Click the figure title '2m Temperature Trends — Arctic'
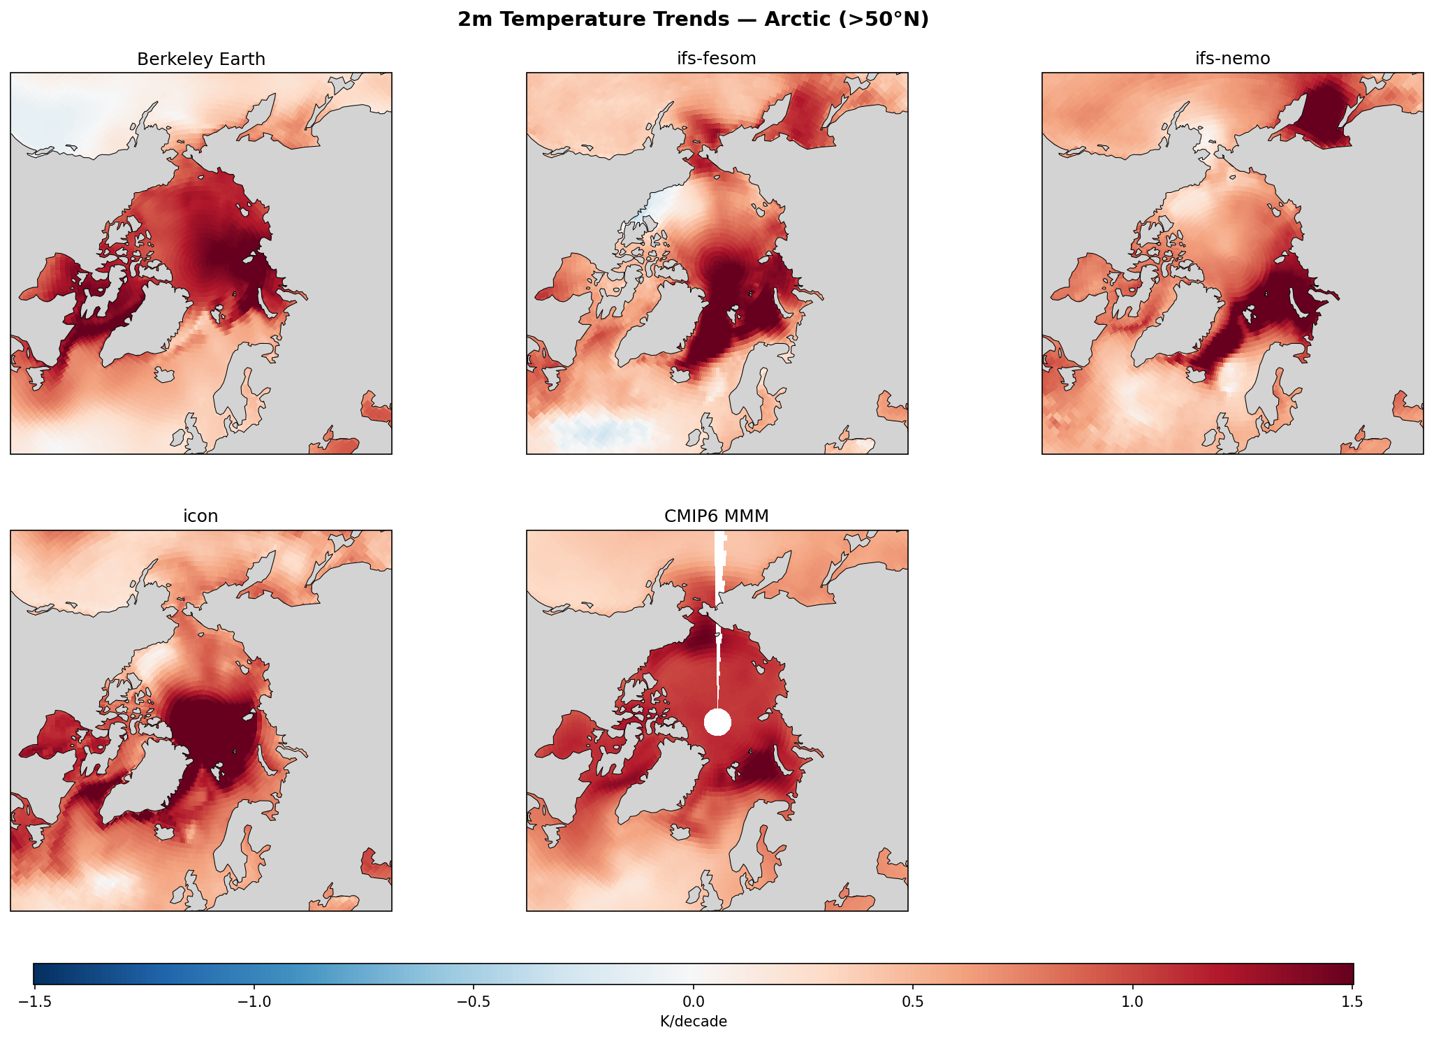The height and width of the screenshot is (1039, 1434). (x=693, y=20)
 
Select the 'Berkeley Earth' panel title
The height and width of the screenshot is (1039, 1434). (x=201, y=59)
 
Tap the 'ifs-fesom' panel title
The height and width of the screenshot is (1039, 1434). (x=717, y=59)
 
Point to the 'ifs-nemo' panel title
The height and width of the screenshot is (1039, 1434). (x=1232, y=59)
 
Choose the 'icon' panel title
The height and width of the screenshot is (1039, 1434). (x=200, y=516)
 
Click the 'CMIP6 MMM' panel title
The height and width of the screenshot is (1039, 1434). (x=717, y=516)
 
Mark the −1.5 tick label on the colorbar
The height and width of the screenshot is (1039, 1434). (x=34, y=1002)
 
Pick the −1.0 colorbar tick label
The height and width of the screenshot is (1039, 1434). (x=254, y=1002)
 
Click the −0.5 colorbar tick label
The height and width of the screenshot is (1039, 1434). (x=473, y=1002)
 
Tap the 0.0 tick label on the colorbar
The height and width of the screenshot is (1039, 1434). (x=693, y=1002)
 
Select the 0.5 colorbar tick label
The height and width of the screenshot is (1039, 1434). (x=913, y=1002)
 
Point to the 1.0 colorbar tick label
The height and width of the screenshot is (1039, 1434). (x=1132, y=1002)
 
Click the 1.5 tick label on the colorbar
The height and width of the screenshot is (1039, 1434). (x=1352, y=1002)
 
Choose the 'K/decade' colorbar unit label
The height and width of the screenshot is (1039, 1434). (x=693, y=1022)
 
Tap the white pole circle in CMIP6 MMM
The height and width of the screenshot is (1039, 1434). (x=717, y=722)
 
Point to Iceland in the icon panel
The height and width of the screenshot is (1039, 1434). (x=165, y=832)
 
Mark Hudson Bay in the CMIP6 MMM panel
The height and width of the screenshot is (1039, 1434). (x=573, y=741)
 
